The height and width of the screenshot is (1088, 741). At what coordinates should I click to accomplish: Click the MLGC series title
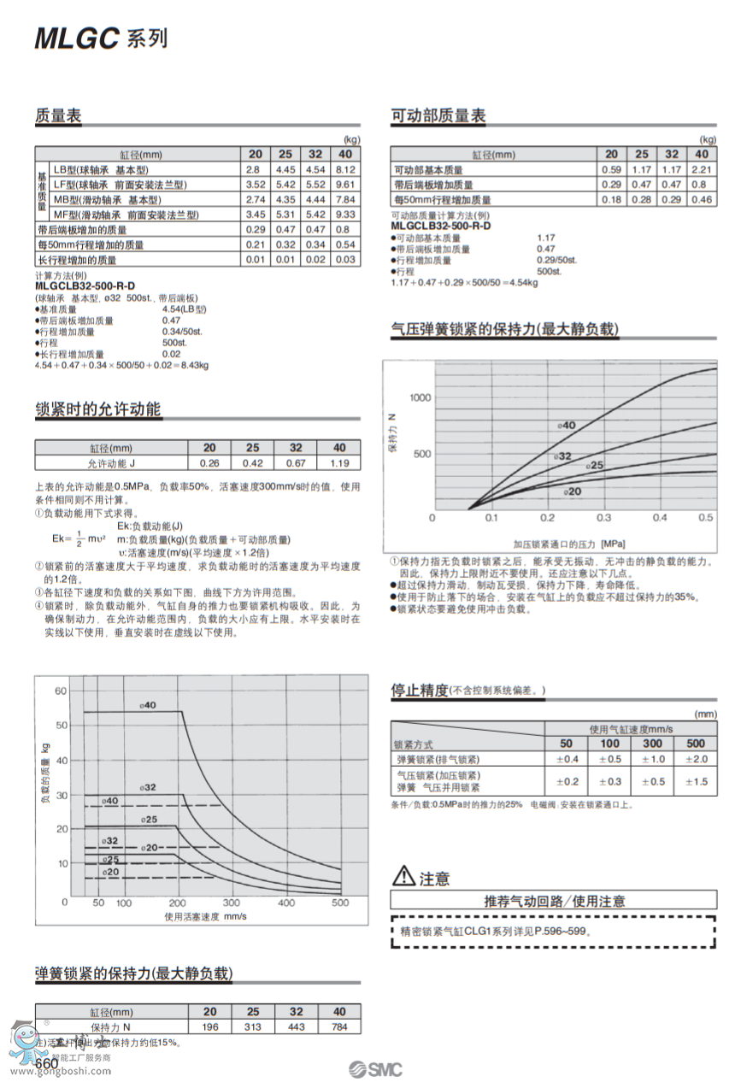101,38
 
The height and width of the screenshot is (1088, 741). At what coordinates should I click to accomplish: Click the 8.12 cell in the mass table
345,170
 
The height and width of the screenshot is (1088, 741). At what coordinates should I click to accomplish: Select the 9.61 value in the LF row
345,185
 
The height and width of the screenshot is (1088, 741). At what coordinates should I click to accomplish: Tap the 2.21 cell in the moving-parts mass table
701,170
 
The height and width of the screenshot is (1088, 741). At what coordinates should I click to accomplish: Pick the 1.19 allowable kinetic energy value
339,463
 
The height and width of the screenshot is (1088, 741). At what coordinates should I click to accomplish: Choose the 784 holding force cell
339,1026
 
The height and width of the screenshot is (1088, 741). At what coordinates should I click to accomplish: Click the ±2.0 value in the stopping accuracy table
696,759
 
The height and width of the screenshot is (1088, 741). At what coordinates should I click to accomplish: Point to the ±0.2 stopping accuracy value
567,781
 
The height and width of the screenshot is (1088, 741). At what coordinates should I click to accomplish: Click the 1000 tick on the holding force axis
420,397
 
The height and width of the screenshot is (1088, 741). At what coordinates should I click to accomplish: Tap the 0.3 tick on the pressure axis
603,518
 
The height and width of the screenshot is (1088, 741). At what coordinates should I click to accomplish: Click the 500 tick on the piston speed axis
340,903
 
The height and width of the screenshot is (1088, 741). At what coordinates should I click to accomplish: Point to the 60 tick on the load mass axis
60,691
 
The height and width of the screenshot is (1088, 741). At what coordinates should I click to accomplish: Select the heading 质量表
58,116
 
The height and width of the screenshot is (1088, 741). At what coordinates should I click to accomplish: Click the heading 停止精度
420,690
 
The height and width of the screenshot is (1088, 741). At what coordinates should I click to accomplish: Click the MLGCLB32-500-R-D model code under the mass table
85,285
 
